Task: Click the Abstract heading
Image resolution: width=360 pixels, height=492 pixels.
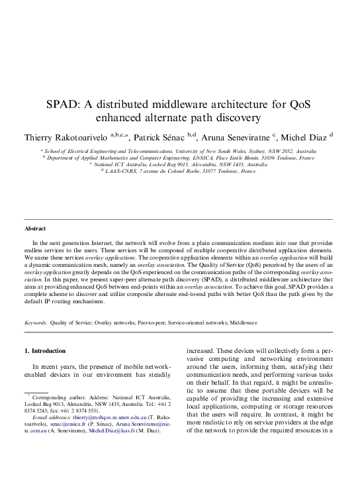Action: pos(35,228)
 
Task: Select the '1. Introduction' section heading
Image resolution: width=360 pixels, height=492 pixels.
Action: pos(44,350)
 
